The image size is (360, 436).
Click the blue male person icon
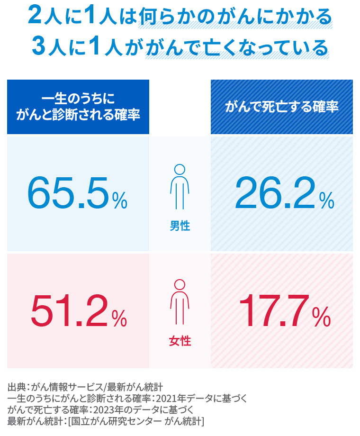pyautogui.click(x=180, y=188)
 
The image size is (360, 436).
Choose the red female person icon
pyautogui.click(x=180, y=303)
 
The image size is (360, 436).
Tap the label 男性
pyautogui.click(x=180, y=226)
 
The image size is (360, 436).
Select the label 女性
pyautogui.click(x=180, y=341)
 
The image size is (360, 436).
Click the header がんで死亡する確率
pyautogui.click(x=281, y=107)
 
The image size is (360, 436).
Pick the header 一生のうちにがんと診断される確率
pyautogui.click(x=78, y=107)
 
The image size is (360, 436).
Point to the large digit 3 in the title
pyautogui.click(x=38, y=46)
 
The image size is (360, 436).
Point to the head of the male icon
pyautogui.click(x=180, y=169)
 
